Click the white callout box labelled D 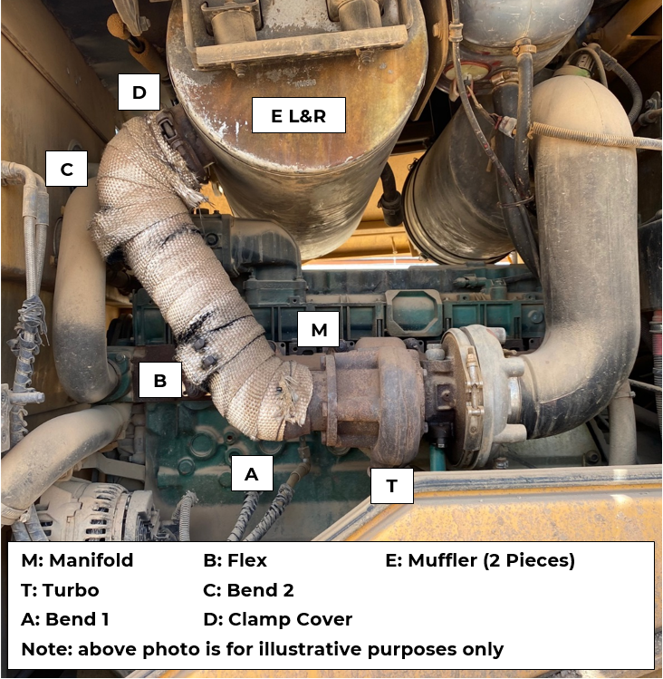(139, 92)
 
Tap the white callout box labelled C (66, 169)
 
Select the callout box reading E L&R (299, 115)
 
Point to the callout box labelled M (319, 329)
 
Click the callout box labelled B (160, 380)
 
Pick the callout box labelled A (252, 473)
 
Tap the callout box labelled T (392, 485)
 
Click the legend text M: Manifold (77, 560)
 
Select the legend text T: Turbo (60, 590)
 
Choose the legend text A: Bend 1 (65, 619)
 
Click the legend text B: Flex (235, 560)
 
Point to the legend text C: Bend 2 (248, 590)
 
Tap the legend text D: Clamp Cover (278, 619)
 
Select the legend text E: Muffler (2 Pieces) (480, 560)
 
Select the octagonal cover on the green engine (413, 311)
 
